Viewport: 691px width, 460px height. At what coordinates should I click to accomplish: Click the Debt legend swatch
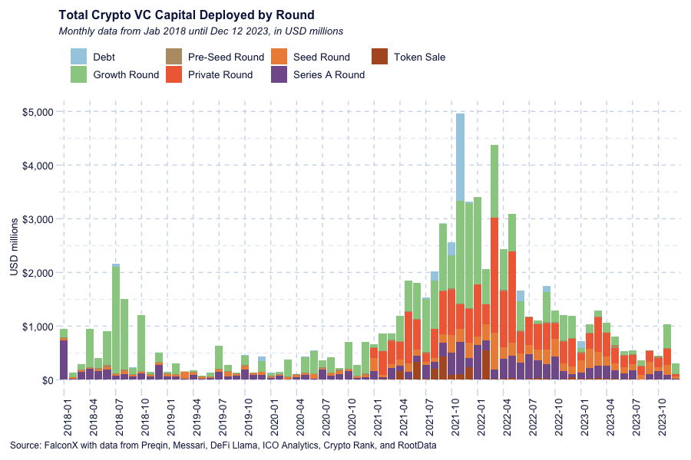80,57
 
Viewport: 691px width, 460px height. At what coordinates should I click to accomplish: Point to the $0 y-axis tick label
45,380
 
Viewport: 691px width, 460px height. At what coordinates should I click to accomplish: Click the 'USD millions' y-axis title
14,245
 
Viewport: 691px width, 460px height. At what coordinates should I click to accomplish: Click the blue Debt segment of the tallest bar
460,157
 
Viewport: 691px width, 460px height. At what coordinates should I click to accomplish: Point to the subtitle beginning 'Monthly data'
200,31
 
